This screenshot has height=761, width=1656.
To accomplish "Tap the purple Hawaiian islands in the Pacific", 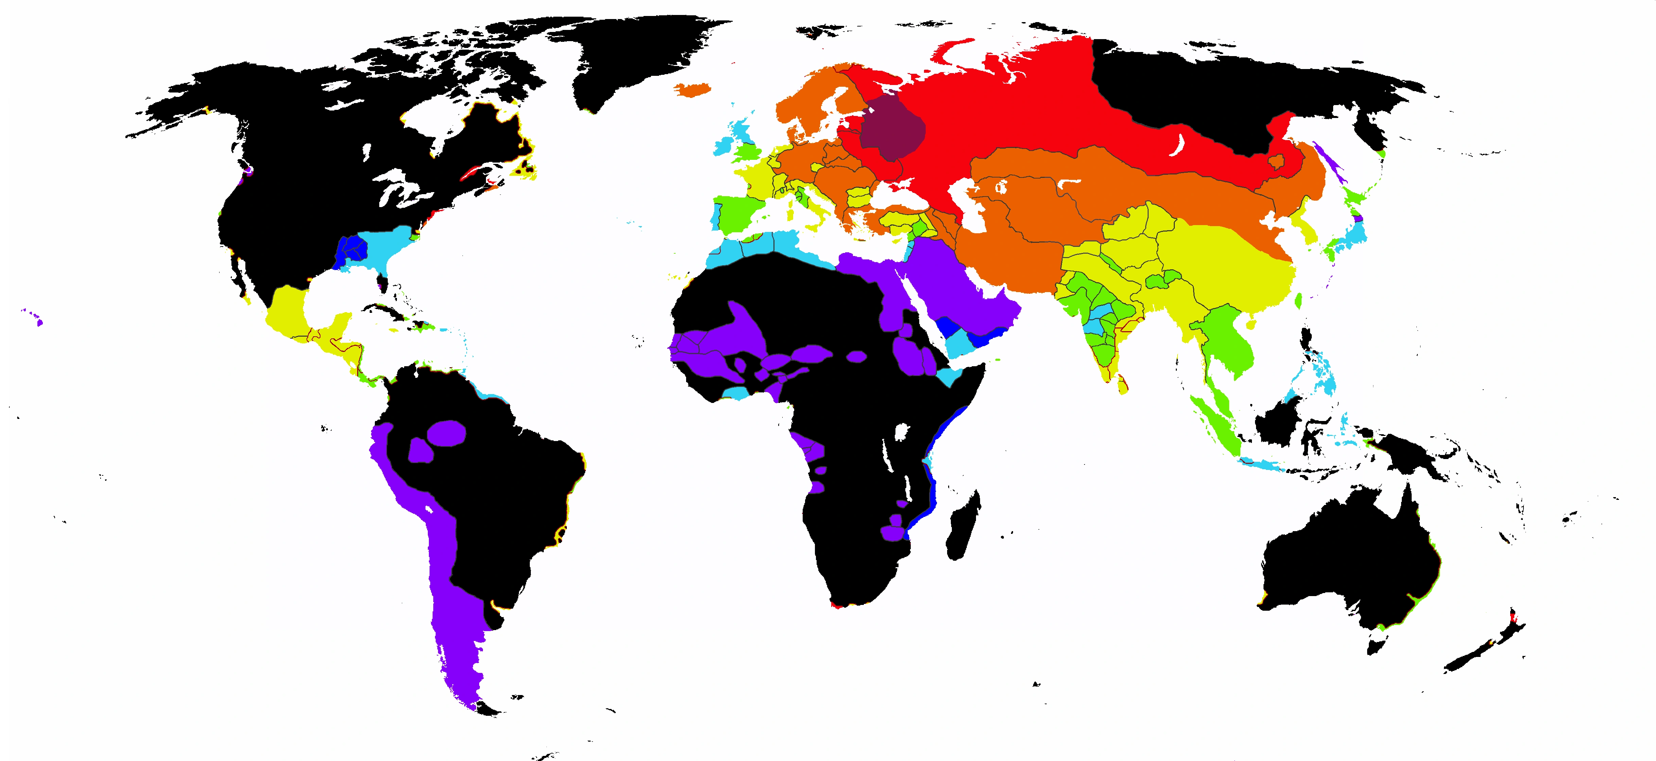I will pos(39,322).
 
